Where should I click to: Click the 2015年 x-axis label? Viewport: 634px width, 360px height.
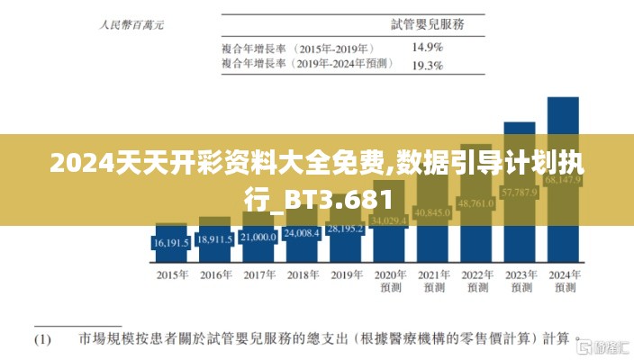point(172,274)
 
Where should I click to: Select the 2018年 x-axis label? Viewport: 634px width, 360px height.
point(303,274)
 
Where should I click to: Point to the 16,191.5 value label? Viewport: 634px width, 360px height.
point(171,243)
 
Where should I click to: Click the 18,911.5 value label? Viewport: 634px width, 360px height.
point(215,239)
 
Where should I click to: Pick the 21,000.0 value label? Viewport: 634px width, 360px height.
point(258,237)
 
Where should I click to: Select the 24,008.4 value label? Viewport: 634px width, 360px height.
point(303,233)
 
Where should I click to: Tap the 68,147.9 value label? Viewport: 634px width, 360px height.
point(565,181)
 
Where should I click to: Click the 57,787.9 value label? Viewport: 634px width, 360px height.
point(521,192)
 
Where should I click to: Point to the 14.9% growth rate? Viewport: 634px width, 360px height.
point(427,46)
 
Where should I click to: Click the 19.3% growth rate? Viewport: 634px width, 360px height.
point(427,65)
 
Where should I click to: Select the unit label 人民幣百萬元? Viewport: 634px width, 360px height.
point(131,26)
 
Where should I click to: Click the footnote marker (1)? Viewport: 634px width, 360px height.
point(42,340)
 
